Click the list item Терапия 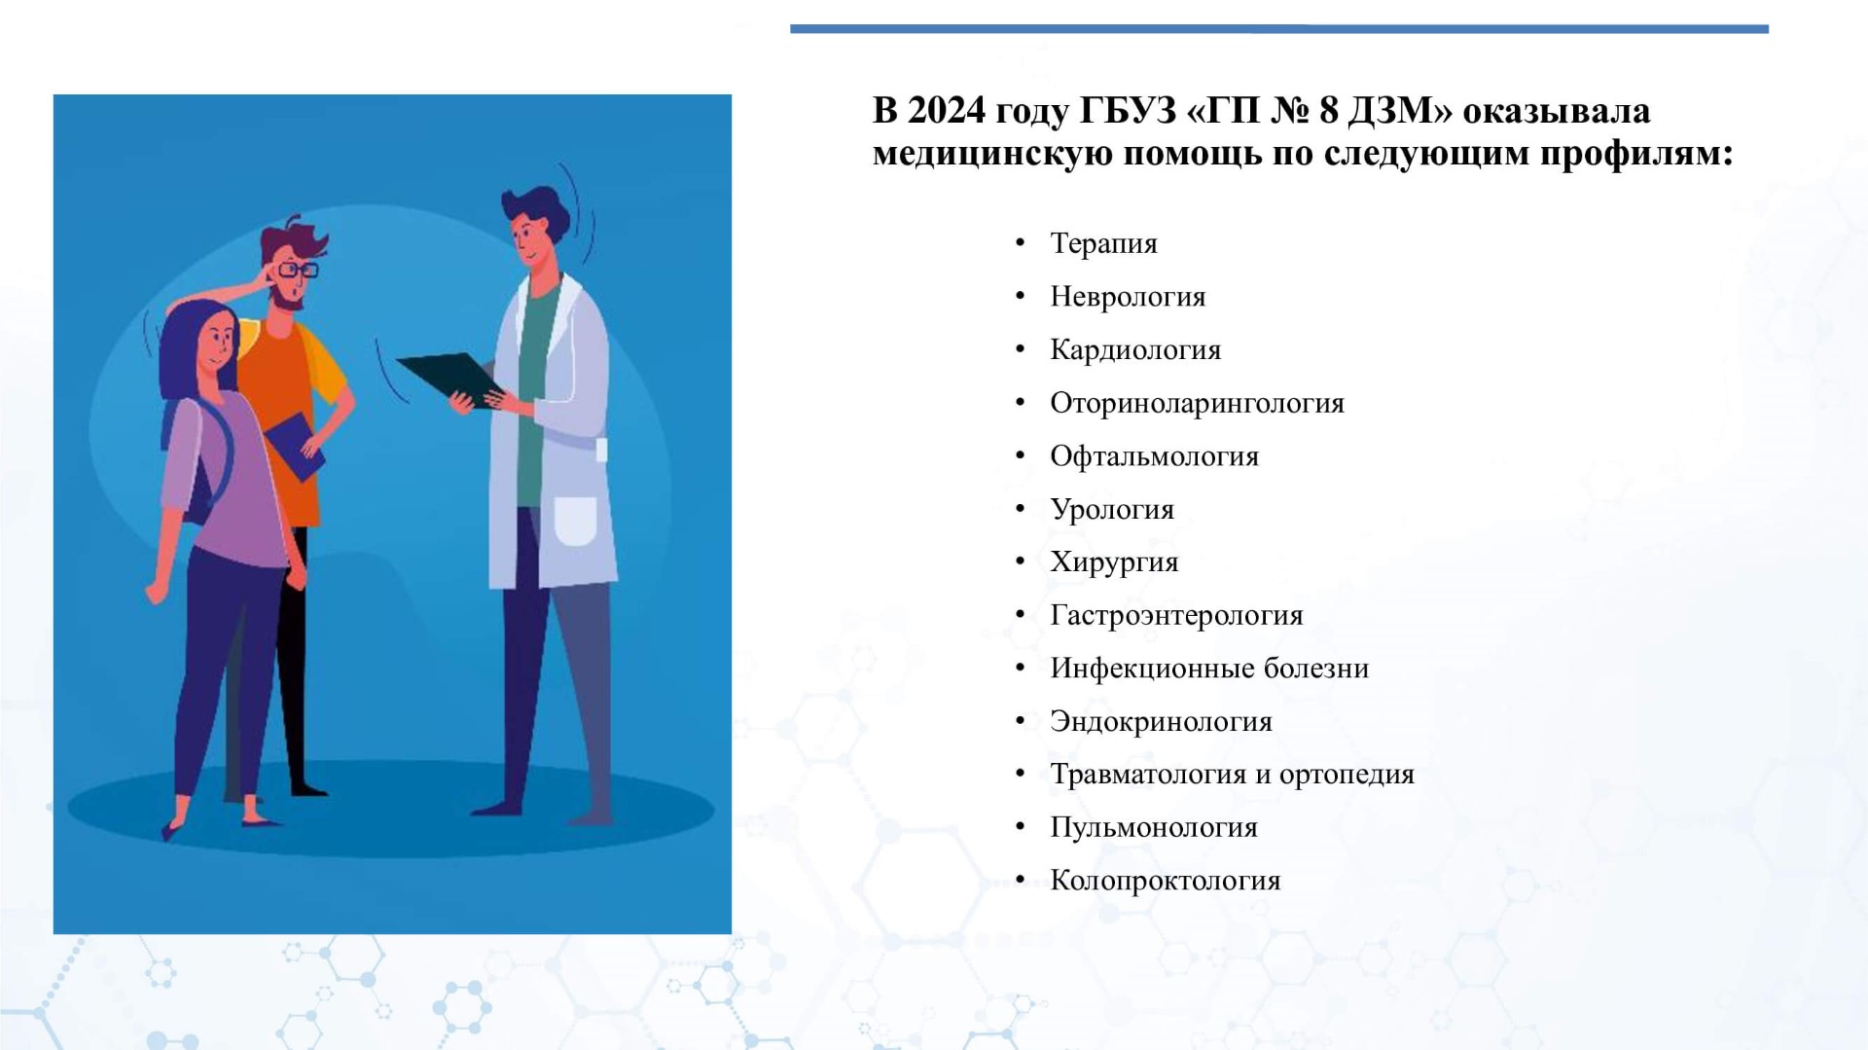click(1103, 243)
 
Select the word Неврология click(1128, 297)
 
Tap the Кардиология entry click(1135, 350)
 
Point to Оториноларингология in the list click(1197, 403)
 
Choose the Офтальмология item click(1154, 456)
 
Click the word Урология click(1112, 509)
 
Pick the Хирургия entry click(1114, 562)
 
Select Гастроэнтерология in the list click(1176, 615)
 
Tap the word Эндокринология click(1161, 721)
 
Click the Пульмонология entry click(1154, 827)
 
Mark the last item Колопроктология click(1166, 881)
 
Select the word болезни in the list click(1316, 669)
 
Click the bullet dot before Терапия click(1020, 243)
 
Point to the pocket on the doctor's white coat click(576, 522)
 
